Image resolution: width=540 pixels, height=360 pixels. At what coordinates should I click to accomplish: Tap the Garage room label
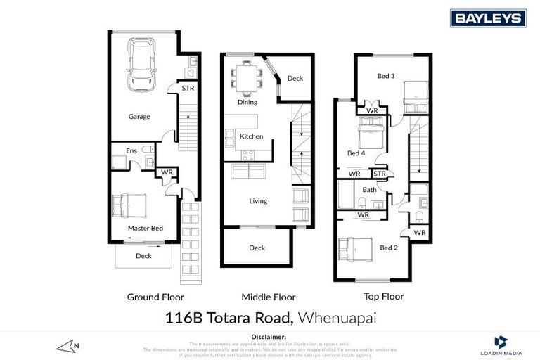(x=139, y=117)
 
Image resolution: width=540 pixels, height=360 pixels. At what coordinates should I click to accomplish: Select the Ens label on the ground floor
(x=131, y=150)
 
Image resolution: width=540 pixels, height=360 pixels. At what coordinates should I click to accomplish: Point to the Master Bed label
(x=146, y=228)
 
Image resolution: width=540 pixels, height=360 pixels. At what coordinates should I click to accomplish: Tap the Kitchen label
(x=251, y=136)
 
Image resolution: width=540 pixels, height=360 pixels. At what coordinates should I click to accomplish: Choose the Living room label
(x=258, y=201)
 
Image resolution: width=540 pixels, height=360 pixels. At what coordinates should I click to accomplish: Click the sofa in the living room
(x=249, y=172)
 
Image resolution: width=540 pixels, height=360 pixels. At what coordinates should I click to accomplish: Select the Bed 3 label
(x=385, y=76)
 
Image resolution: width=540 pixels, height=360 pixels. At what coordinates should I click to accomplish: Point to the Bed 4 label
(x=356, y=153)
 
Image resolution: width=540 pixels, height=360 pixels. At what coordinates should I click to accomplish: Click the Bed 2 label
(x=388, y=247)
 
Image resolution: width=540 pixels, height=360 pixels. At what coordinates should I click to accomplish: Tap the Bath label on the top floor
(x=369, y=190)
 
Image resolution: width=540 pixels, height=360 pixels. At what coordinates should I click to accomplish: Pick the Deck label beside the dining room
(x=295, y=78)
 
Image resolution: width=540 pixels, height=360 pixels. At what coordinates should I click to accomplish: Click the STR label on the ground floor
(x=188, y=89)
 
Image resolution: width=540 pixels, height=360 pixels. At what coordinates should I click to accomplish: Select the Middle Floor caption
(x=269, y=297)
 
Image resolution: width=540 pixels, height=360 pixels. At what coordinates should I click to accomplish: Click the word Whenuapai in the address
(x=337, y=318)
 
